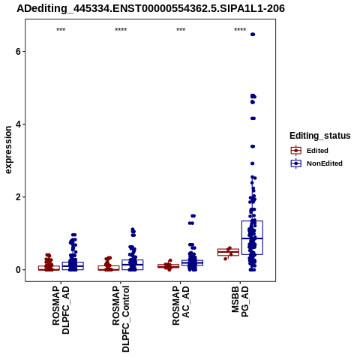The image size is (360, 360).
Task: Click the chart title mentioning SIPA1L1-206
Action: [151, 9]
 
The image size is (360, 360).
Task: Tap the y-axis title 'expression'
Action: [8, 150]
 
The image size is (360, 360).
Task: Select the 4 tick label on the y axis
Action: [18, 124]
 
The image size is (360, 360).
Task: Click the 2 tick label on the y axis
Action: [18, 197]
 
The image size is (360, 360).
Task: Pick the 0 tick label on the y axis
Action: [18, 270]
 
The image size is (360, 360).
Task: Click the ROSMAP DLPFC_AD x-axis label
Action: [61, 310]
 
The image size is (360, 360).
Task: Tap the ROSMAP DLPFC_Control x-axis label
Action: [121, 319]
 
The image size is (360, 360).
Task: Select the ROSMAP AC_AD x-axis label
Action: [181, 305]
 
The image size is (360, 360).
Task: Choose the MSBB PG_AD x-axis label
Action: [240, 301]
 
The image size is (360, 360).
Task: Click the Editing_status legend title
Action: [320, 136]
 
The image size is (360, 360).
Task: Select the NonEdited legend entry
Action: [316, 163]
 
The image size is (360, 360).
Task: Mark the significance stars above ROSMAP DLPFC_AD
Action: [61, 30]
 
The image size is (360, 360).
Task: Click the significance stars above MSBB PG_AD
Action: [240, 30]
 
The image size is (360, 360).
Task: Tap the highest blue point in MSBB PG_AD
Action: [253, 34]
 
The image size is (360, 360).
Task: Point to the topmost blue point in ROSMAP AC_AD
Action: [193, 216]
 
